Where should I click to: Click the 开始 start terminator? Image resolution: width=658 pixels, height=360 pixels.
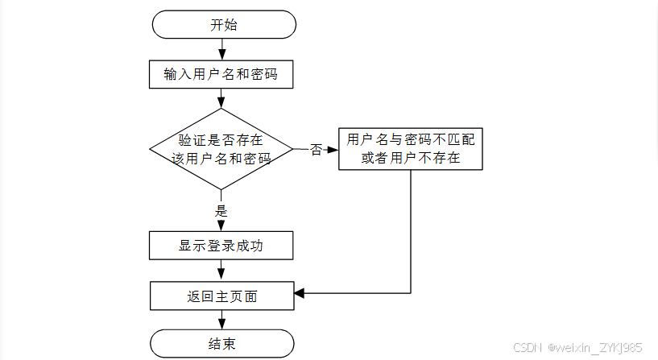tap(224, 25)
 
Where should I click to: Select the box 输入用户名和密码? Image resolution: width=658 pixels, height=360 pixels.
tap(221, 74)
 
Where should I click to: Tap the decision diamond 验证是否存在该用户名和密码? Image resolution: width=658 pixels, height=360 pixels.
tap(221, 149)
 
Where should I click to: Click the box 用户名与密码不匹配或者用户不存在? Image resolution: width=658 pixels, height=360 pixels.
tap(411, 149)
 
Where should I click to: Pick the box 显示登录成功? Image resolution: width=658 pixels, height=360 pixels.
tap(221, 246)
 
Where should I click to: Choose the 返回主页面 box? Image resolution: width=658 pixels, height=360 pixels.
tap(222, 296)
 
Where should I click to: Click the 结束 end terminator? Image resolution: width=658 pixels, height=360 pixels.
tap(222, 344)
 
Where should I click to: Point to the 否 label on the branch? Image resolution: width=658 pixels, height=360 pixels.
tap(317, 149)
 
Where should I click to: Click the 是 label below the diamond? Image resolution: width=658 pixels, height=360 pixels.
tap(221, 211)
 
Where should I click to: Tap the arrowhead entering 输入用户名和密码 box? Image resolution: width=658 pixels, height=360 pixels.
tap(222, 56)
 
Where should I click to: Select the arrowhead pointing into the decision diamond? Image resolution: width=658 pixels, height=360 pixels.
tap(221, 103)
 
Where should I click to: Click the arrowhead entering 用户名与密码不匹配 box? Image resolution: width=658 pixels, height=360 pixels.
tap(333, 149)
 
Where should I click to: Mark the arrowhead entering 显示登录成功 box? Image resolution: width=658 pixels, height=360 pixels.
tap(221, 226)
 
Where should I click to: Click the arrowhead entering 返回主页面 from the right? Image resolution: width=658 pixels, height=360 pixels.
tap(300, 293)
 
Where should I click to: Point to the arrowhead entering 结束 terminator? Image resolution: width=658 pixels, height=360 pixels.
tap(222, 325)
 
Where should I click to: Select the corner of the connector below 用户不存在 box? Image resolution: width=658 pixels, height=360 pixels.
tap(411, 293)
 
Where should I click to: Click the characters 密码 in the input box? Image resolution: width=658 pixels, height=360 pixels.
tap(264, 74)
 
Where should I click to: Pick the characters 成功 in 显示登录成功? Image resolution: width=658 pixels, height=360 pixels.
tap(250, 246)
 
